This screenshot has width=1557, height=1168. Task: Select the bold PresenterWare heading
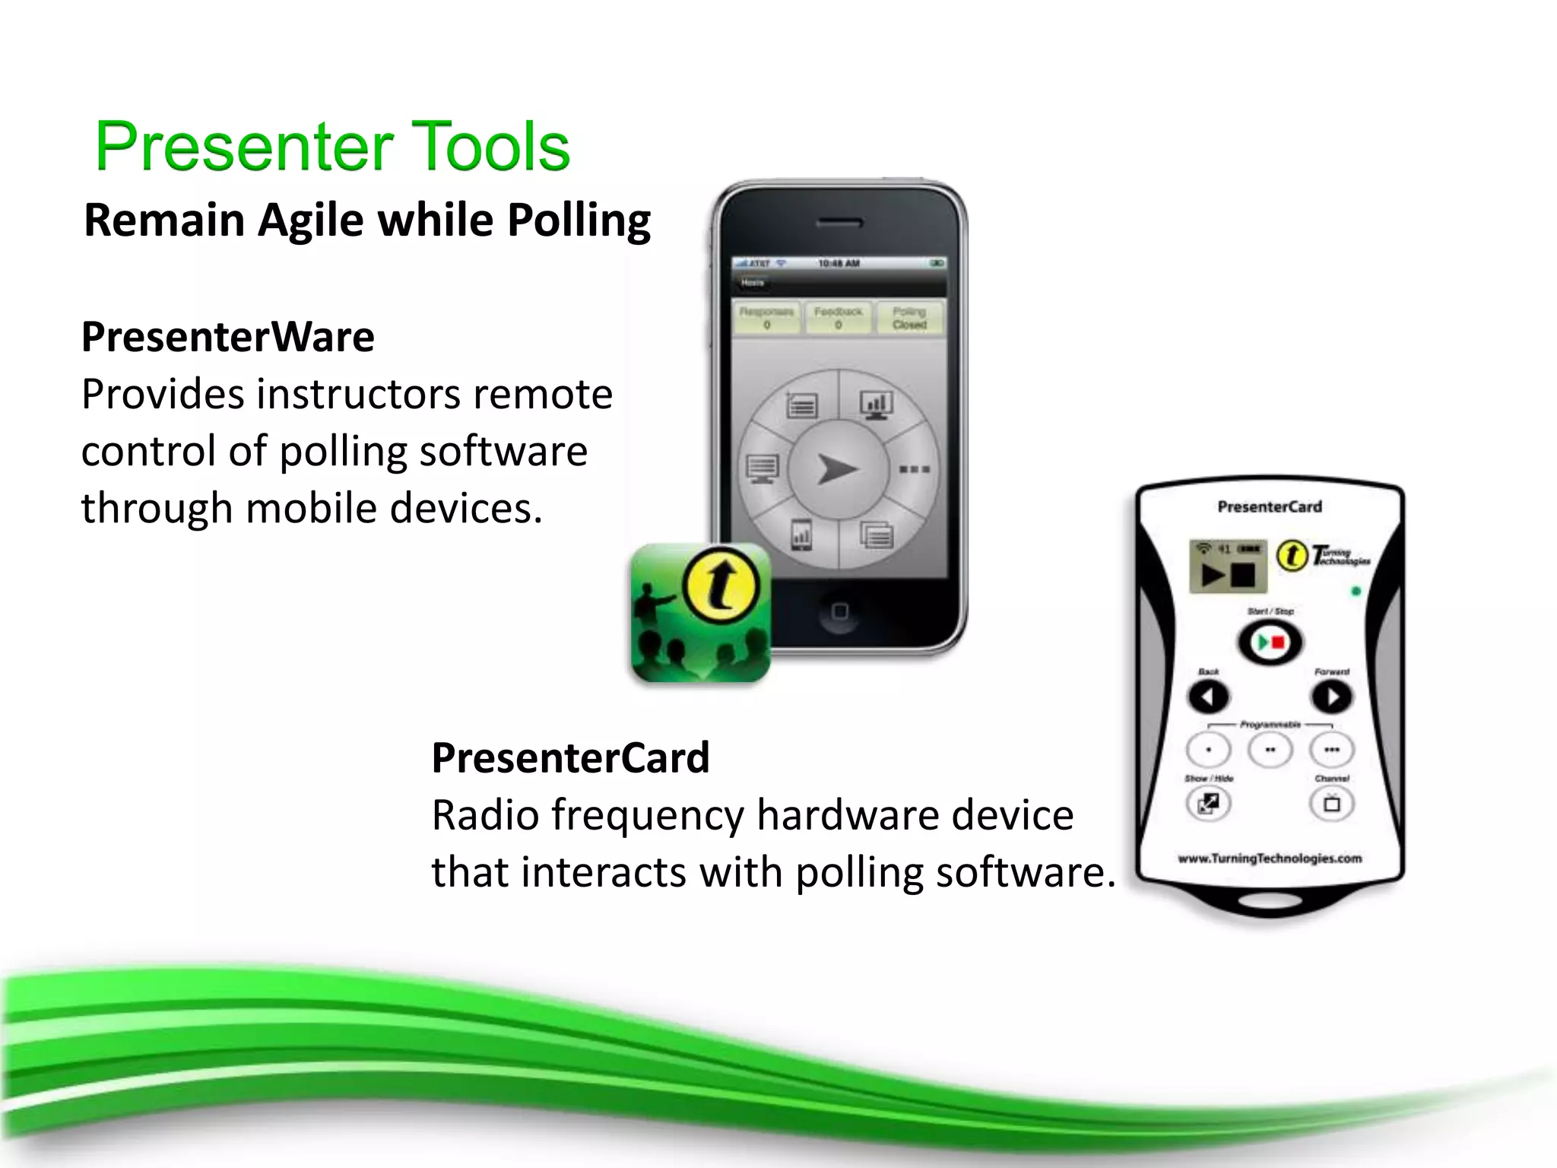228,337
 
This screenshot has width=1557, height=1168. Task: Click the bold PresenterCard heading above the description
570,758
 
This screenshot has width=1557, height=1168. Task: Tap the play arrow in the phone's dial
837,468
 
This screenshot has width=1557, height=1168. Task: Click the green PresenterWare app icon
700,613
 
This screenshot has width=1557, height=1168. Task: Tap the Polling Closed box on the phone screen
909,318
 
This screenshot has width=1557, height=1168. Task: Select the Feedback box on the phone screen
838,318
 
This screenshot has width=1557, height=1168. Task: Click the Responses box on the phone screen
766,318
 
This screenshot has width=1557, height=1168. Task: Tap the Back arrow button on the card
1208,697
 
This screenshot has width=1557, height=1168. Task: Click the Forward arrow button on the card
1331,697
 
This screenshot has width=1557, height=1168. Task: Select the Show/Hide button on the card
1208,804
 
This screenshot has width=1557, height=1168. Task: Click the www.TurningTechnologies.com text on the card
1270,859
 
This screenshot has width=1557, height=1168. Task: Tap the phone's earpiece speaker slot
839,224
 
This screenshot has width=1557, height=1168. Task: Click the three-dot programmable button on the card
1331,751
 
